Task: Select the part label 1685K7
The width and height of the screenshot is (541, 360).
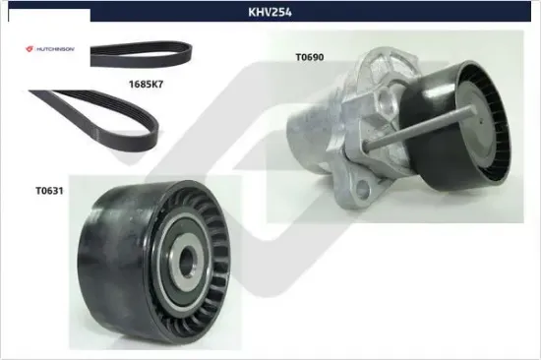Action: (145, 84)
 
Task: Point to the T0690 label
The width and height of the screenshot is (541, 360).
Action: (308, 57)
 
